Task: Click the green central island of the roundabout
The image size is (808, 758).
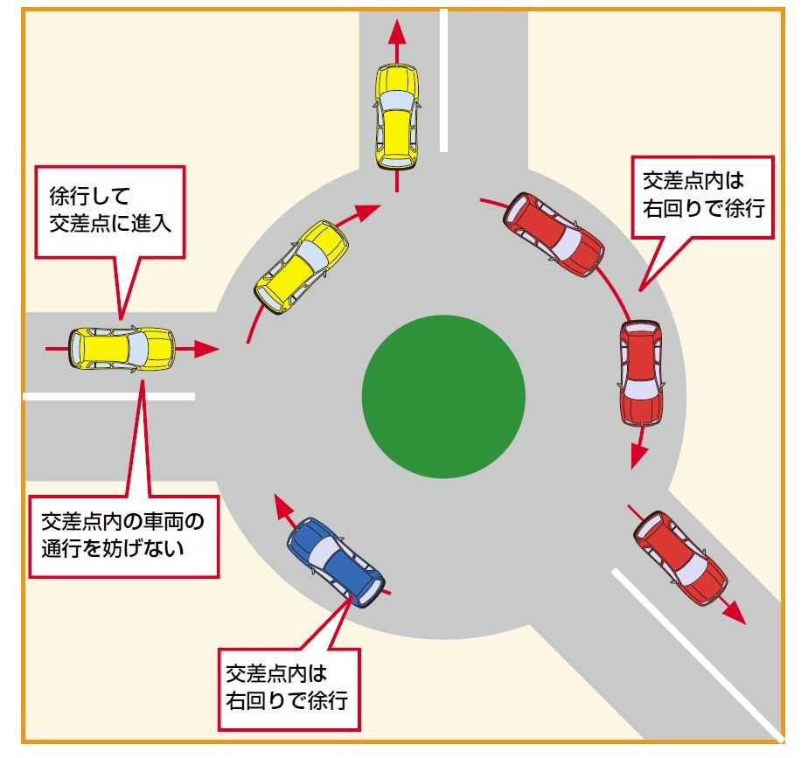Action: pyautogui.click(x=443, y=397)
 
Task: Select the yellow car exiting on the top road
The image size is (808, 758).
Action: pyautogui.click(x=397, y=116)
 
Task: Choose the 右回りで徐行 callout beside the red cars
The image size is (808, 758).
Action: pyautogui.click(x=704, y=195)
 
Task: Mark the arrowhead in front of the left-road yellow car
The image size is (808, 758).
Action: pyautogui.click(x=206, y=350)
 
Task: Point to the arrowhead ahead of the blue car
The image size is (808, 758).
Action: pyautogui.click(x=284, y=504)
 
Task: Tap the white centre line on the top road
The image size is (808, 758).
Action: pyautogui.click(x=445, y=79)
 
